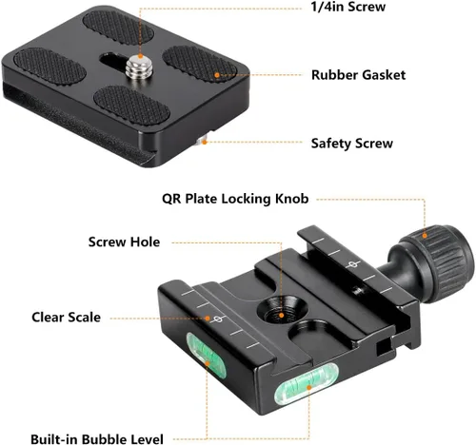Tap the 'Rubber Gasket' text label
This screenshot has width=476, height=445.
click(358, 73)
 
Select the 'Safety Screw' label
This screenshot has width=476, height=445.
click(351, 144)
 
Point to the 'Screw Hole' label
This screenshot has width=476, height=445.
click(124, 242)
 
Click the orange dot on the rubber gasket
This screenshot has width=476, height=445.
click(219, 73)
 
